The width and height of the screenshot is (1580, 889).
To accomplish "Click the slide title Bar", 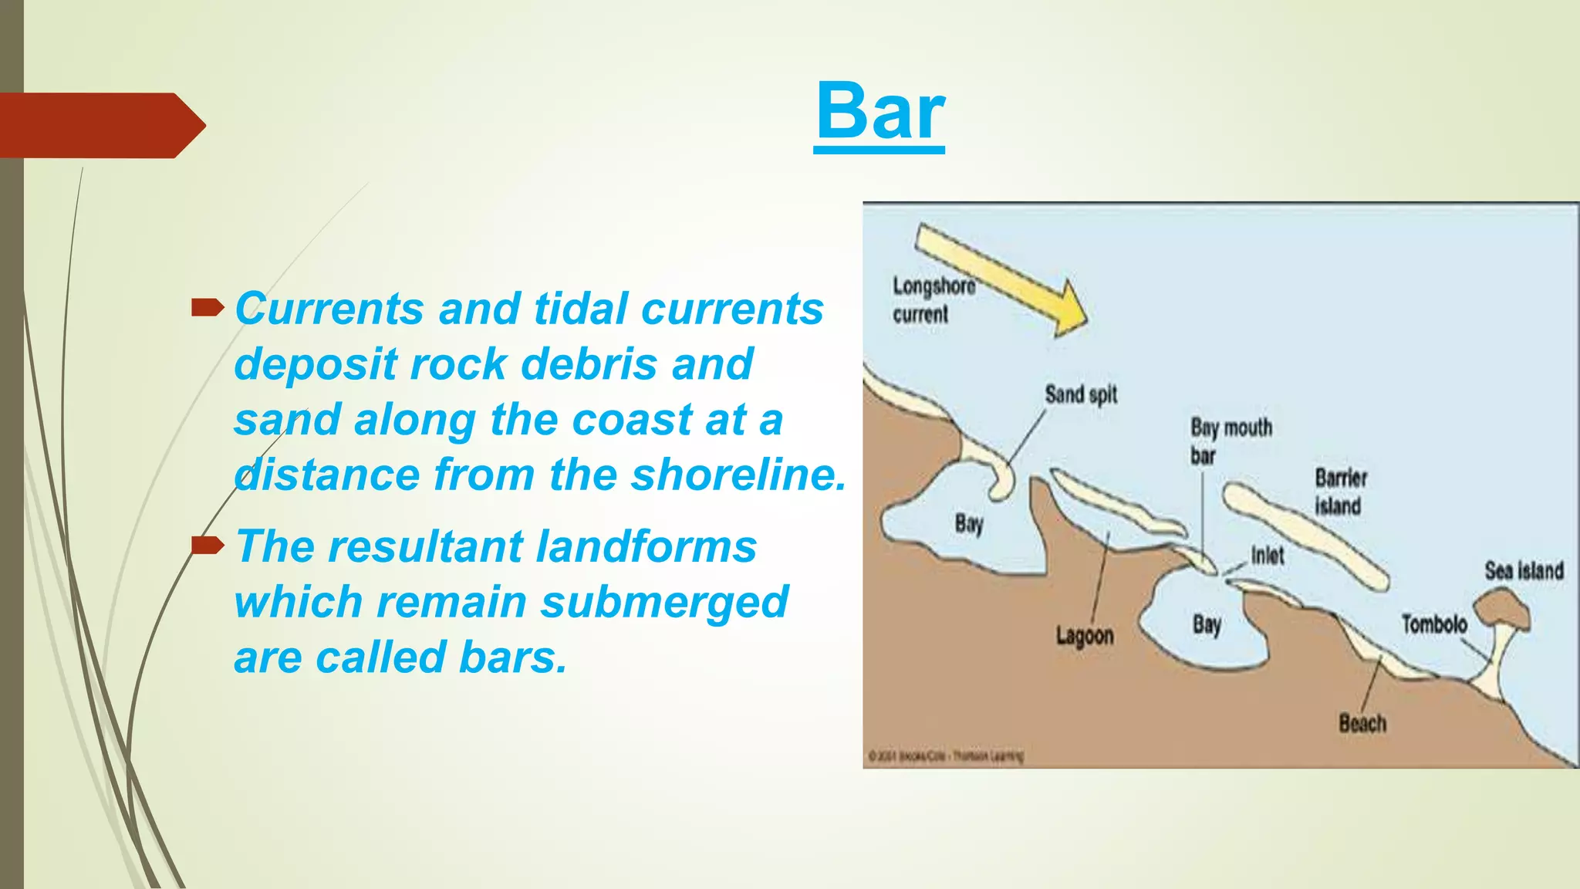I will tap(879, 112).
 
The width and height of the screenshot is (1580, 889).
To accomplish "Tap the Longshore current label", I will tap(933, 300).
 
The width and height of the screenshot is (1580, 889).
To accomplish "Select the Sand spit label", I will tap(1081, 394).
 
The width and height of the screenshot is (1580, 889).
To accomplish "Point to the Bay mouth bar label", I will tap(1230, 441).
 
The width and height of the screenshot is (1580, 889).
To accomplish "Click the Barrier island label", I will tap(1341, 492).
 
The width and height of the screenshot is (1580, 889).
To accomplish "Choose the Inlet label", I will tap(1268, 555).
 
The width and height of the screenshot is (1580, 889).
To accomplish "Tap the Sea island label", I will tap(1524, 571).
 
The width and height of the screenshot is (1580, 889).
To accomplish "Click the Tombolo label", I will tap(1433, 624).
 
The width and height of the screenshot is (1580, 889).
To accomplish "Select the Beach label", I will tap(1362, 724).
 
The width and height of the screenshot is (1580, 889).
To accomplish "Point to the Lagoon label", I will tap(1085, 636).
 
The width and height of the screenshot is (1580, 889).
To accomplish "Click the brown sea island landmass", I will tap(1501, 610).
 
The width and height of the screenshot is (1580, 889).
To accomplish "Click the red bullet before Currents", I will tap(207, 309).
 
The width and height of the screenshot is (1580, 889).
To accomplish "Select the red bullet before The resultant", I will tap(207, 547).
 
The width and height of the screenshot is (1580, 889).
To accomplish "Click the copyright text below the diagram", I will tap(946, 755).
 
